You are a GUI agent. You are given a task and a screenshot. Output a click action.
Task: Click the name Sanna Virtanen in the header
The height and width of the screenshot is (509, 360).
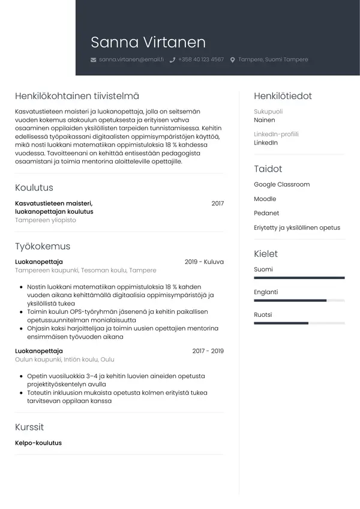148,43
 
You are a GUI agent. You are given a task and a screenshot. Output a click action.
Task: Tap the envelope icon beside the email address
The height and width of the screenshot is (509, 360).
93,60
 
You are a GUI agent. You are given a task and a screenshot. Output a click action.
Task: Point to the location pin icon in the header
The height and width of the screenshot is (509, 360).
233,60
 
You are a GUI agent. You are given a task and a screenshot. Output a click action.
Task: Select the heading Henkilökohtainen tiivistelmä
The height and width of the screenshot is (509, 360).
77,96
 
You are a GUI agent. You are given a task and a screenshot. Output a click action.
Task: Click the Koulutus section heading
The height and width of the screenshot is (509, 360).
34,188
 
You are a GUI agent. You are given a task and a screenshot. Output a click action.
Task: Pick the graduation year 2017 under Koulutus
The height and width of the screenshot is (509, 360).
217,203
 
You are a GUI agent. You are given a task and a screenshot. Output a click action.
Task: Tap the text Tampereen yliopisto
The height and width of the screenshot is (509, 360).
46,220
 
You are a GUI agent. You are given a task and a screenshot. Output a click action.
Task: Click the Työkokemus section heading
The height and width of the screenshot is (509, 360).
43,246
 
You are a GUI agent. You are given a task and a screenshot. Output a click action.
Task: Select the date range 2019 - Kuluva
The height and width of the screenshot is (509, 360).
204,262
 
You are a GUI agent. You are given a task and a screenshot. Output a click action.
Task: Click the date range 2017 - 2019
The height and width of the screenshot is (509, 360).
208,351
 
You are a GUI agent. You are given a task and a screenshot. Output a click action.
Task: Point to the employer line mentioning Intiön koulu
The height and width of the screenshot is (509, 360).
64,360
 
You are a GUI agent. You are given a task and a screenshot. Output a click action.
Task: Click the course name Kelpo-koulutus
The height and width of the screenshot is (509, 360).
38,443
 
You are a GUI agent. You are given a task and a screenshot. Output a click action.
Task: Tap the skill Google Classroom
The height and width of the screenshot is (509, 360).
281,184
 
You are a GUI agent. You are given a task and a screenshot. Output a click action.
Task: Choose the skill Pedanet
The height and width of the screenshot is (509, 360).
266,213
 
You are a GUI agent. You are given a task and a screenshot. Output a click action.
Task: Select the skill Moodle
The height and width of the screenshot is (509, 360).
265,199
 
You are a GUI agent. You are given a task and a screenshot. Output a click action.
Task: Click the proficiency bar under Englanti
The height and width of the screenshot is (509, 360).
299,300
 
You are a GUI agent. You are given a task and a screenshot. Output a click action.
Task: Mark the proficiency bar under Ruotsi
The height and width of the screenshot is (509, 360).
299,323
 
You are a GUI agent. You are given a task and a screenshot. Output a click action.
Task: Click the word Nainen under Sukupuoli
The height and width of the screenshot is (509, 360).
265,120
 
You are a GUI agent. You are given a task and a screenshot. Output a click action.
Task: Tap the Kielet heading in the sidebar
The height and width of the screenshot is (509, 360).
266,254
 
